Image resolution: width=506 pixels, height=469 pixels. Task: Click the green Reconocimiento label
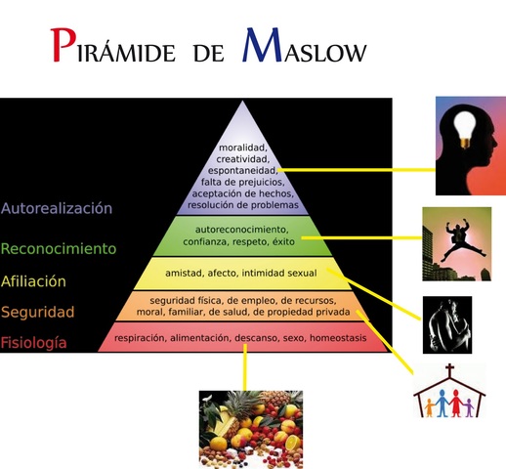pos(59,248)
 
